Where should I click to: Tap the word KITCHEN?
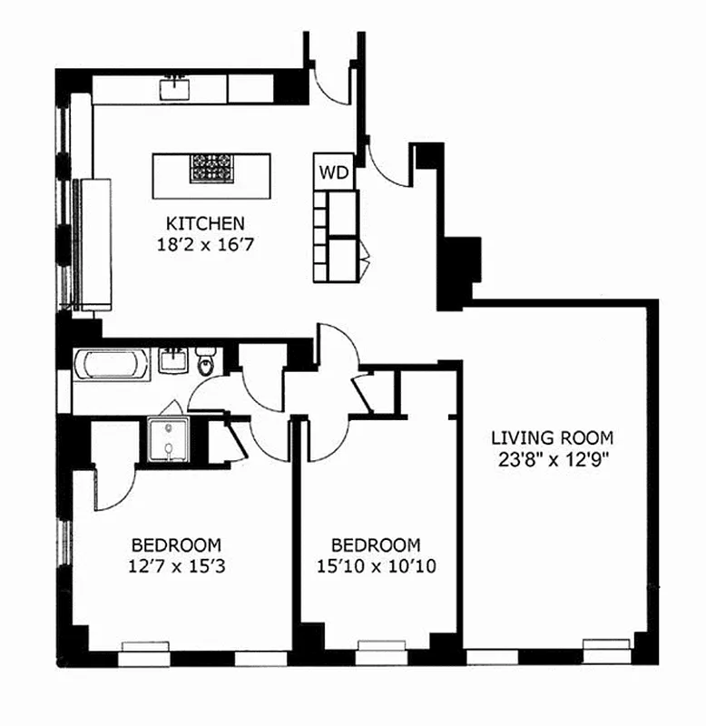coord(204,222)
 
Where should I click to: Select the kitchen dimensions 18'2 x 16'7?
coord(204,243)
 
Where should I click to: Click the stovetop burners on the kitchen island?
coord(211,167)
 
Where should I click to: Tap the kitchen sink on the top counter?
coord(172,88)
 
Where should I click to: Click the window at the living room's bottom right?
coord(605,646)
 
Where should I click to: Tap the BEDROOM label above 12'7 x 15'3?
coord(176,545)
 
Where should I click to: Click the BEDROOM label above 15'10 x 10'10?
coord(376,545)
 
